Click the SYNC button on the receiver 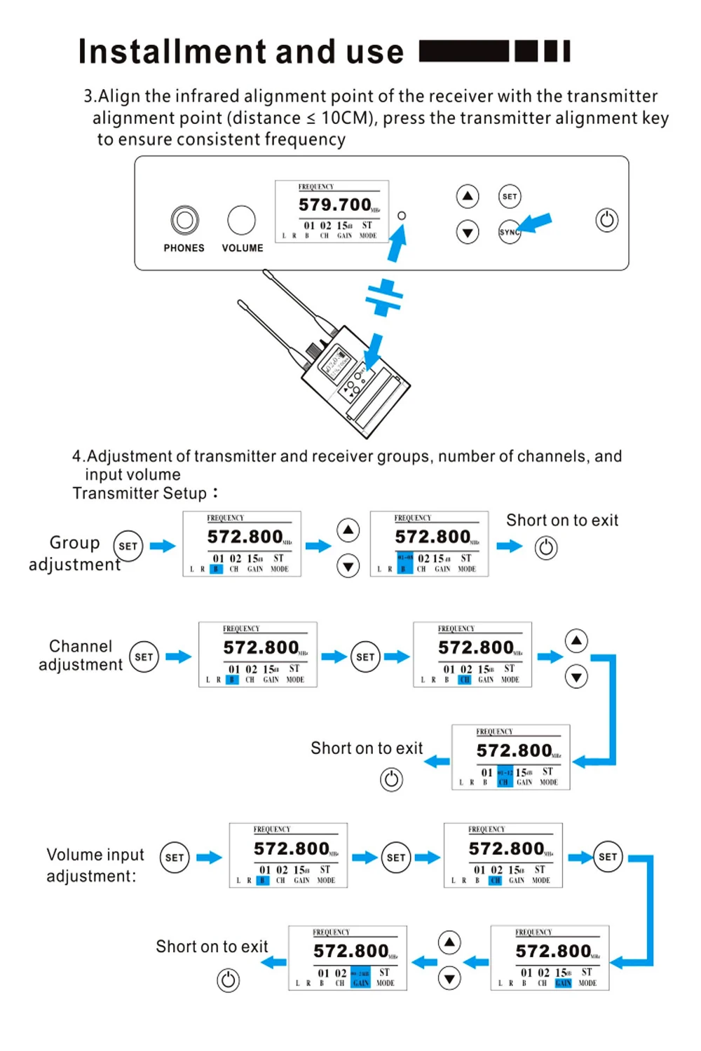[510, 232]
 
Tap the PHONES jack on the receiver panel [184, 220]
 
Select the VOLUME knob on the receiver [241, 220]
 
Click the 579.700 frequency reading [335, 205]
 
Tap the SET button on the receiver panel [510, 196]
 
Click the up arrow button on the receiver [468, 196]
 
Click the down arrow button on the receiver [468, 232]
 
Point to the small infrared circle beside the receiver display [402, 216]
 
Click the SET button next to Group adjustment [128, 546]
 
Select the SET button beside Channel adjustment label [144, 657]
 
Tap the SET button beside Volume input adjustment [175, 857]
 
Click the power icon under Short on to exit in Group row [546, 547]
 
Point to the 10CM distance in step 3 [344, 118]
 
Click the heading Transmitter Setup [139, 493]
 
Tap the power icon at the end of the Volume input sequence [228, 980]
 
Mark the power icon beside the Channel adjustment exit [391, 779]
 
